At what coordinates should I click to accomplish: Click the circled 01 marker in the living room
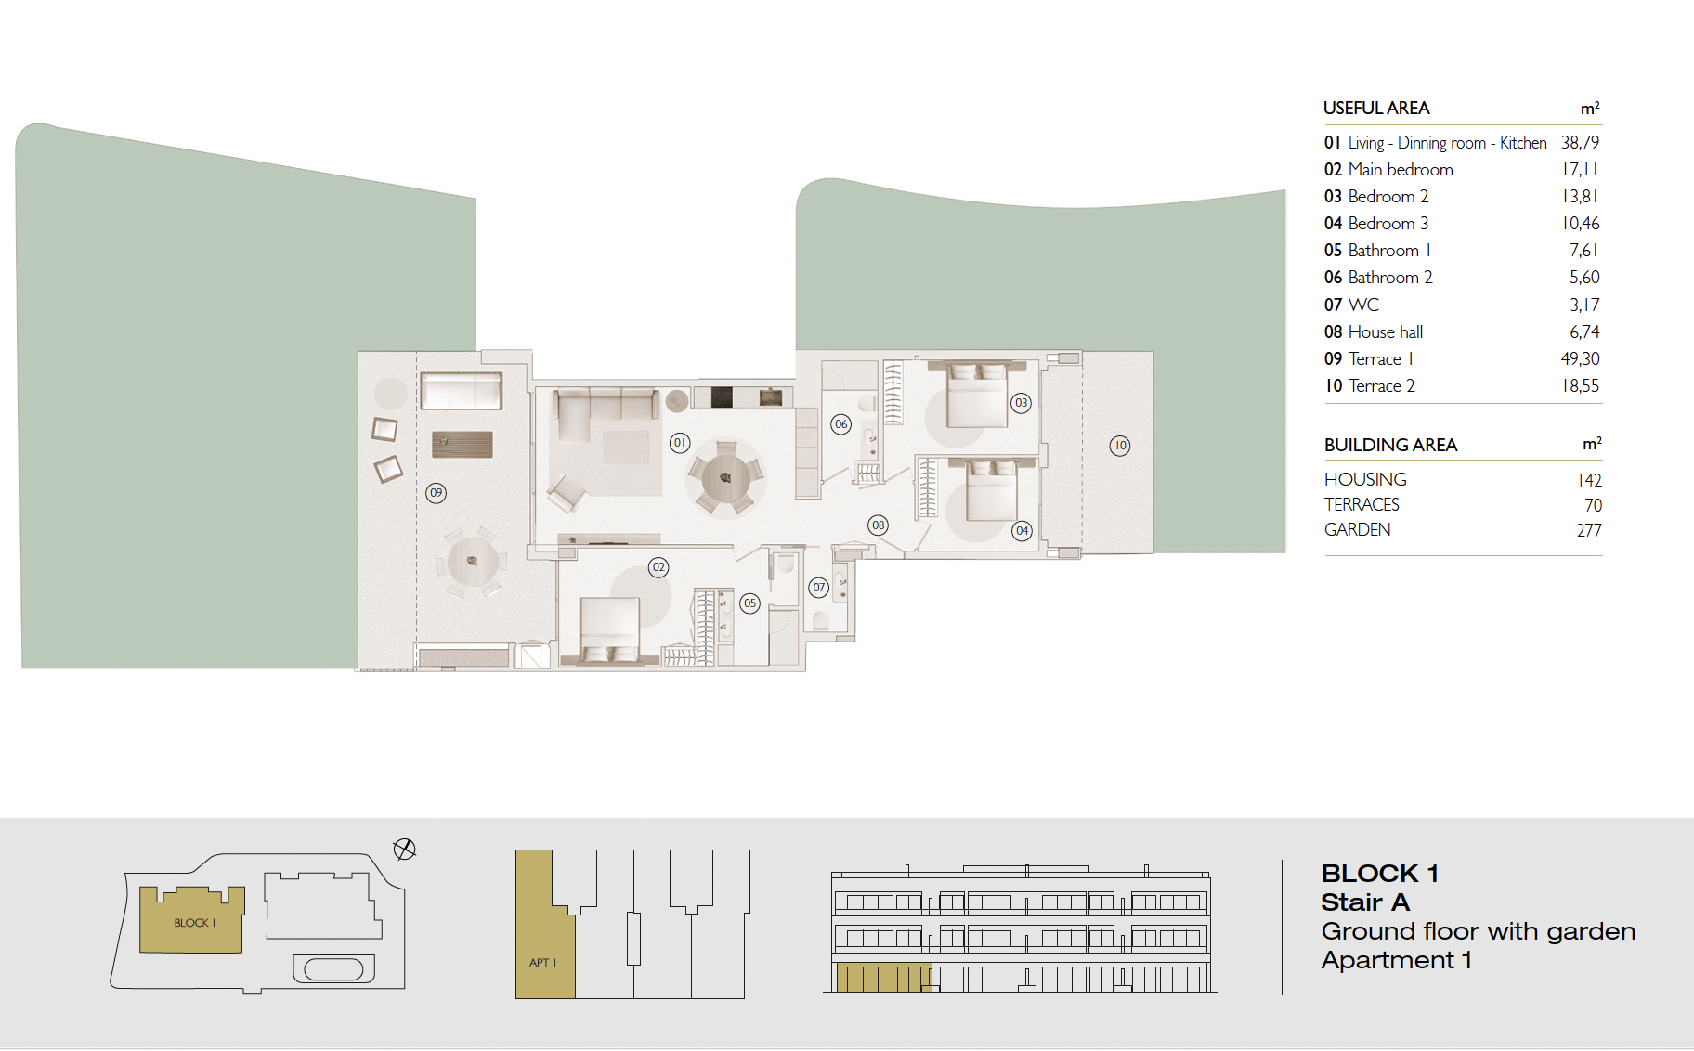click(680, 443)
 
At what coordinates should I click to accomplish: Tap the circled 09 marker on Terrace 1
click(436, 493)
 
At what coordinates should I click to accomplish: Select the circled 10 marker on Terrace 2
click(1120, 446)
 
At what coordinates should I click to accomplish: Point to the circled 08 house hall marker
click(878, 525)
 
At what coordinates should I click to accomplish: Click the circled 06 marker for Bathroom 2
click(840, 424)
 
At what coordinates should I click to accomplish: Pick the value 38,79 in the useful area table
click(1580, 143)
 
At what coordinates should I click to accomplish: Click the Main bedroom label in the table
click(1401, 170)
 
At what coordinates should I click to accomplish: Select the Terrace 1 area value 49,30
click(1580, 359)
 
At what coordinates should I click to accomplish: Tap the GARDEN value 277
click(1589, 530)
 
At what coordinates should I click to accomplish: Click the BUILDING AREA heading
click(1390, 445)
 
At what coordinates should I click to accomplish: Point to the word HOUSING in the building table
click(1365, 479)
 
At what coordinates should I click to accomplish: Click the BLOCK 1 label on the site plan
click(194, 923)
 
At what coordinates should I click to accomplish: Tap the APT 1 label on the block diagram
click(542, 963)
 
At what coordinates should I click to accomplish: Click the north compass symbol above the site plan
click(404, 849)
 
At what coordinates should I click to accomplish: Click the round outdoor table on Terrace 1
click(472, 561)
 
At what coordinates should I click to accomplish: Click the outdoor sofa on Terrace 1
click(461, 391)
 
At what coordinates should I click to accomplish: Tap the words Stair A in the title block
click(1365, 902)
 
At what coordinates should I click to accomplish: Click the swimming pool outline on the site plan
click(333, 968)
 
